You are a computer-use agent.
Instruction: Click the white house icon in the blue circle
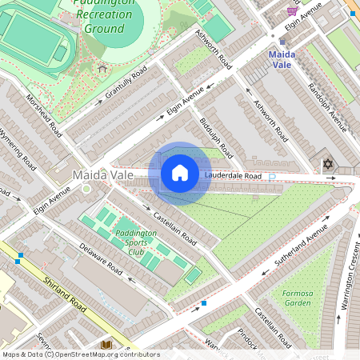(180, 173)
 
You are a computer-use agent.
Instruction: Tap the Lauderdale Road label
(232, 175)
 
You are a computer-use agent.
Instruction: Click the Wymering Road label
(18, 148)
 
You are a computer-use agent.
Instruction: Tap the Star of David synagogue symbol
(326, 164)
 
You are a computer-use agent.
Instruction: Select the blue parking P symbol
(272, 176)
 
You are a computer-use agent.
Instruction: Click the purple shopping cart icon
(291, 11)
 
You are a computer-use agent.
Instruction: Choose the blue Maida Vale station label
(281, 58)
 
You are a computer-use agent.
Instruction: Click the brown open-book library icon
(106, 345)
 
